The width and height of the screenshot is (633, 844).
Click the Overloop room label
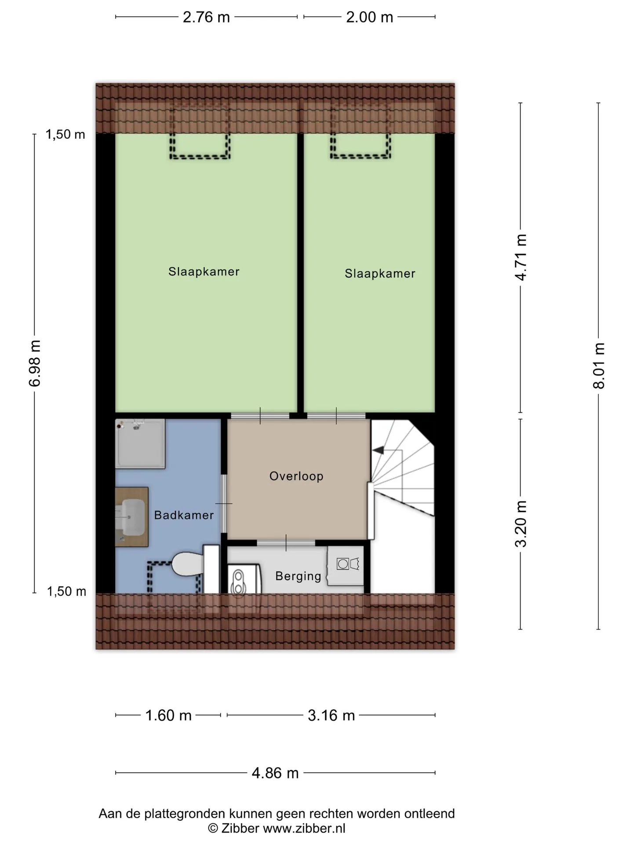tap(296, 476)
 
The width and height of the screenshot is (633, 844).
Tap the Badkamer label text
tap(184, 515)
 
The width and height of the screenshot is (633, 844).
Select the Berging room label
tap(298, 576)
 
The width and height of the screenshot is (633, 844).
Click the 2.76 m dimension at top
tap(206, 17)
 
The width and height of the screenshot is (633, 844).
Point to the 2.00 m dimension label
tap(369, 17)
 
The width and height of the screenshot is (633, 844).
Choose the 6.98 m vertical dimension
tap(35, 363)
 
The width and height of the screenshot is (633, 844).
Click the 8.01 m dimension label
tap(599, 366)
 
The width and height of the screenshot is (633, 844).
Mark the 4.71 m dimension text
tap(521, 257)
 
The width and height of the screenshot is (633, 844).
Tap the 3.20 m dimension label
tap(521, 524)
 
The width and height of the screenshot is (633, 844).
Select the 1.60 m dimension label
tap(168, 716)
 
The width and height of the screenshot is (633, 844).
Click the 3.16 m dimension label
tap(331, 716)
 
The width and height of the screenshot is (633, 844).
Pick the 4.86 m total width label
tap(275, 773)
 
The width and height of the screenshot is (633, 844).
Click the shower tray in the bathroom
tap(140, 444)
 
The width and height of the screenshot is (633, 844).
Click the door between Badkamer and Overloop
tap(224, 504)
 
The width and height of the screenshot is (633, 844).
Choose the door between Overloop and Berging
tap(286, 543)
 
